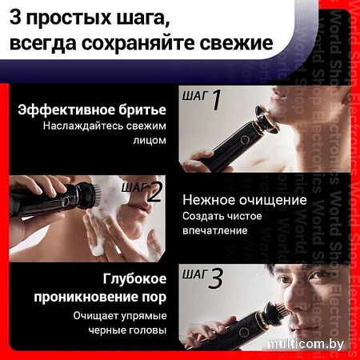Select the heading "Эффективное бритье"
pyautogui.click(x=92, y=110)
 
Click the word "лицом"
pyautogui.click(x=150, y=140)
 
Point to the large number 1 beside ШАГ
pyautogui.click(x=217, y=100)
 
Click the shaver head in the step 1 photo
pyautogui.click(x=266, y=118)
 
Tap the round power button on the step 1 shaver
pyautogui.click(x=245, y=140)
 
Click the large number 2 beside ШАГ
pyautogui.click(x=154, y=192)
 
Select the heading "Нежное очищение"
pyautogui.click(x=245, y=200)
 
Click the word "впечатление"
pyautogui.click(x=215, y=230)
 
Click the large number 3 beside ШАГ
pyautogui.click(x=215, y=278)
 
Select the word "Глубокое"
pyautogui.click(x=134, y=279)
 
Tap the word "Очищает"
pyautogui.click(x=96, y=316)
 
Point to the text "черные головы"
pyautogui.click(x=127, y=330)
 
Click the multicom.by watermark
pyautogui.click(x=306, y=344)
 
